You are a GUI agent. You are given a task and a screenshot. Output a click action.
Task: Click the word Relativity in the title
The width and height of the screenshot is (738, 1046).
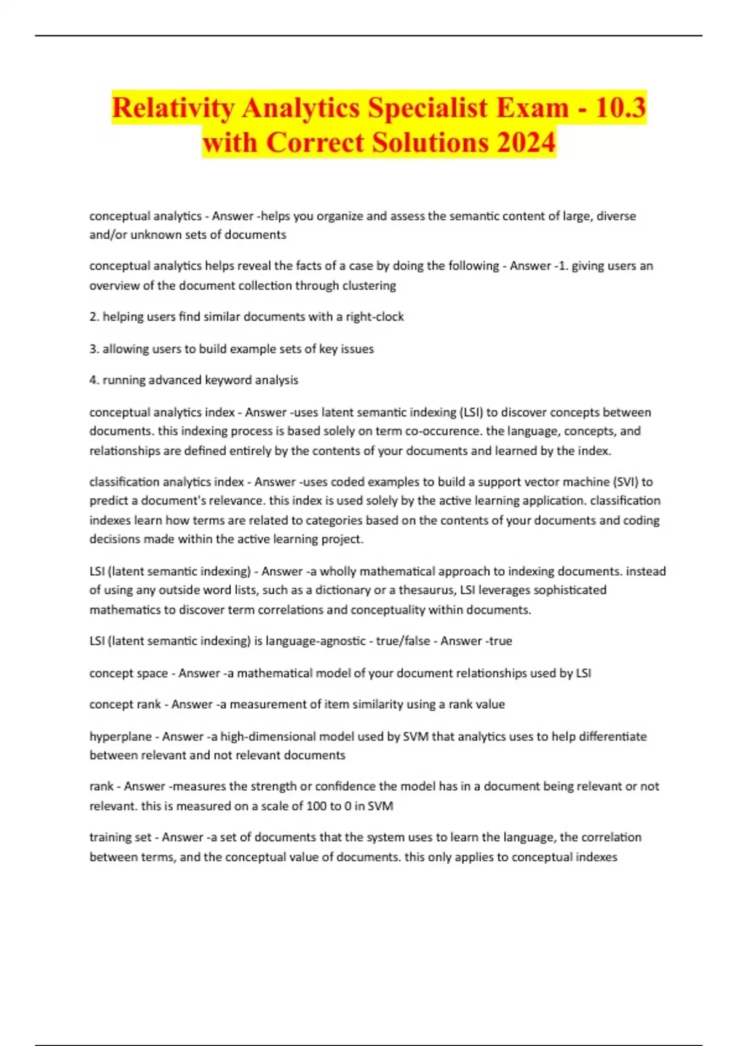(x=173, y=108)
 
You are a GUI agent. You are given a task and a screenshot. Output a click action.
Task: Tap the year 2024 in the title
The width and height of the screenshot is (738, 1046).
(x=526, y=143)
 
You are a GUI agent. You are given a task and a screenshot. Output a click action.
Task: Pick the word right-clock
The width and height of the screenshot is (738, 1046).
(x=375, y=317)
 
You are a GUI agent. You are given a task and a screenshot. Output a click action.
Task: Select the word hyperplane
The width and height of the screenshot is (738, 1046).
(x=119, y=737)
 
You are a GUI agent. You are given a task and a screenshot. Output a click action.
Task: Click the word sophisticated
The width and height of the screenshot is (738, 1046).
(x=569, y=590)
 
